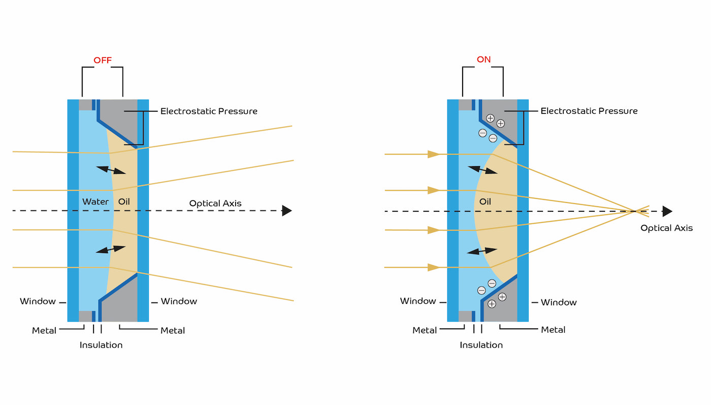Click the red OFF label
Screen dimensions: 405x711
pos(102,60)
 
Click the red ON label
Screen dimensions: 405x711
pos(483,59)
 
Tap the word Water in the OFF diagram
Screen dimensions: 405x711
pos(95,202)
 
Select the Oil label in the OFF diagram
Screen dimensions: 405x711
pos(124,202)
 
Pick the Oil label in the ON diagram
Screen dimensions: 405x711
pos(485,202)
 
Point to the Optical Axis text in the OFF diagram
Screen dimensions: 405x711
pos(215,203)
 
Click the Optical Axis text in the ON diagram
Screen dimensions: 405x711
pos(666,228)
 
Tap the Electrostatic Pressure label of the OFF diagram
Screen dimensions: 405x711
pos(209,111)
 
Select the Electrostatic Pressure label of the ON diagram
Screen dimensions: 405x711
pos(589,111)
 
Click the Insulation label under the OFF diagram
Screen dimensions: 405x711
pos(101,345)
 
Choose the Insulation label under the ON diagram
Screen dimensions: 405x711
pos(481,345)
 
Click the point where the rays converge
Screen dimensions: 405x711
pos(635,211)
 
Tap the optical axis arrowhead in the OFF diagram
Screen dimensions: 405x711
pos(287,210)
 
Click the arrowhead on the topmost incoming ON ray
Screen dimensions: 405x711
pos(434,154)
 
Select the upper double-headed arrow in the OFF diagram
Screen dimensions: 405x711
pos(111,170)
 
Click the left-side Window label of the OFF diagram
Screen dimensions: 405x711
pos(38,301)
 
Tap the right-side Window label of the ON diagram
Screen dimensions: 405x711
pos(559,302)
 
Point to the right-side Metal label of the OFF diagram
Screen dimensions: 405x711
pos(173,331)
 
